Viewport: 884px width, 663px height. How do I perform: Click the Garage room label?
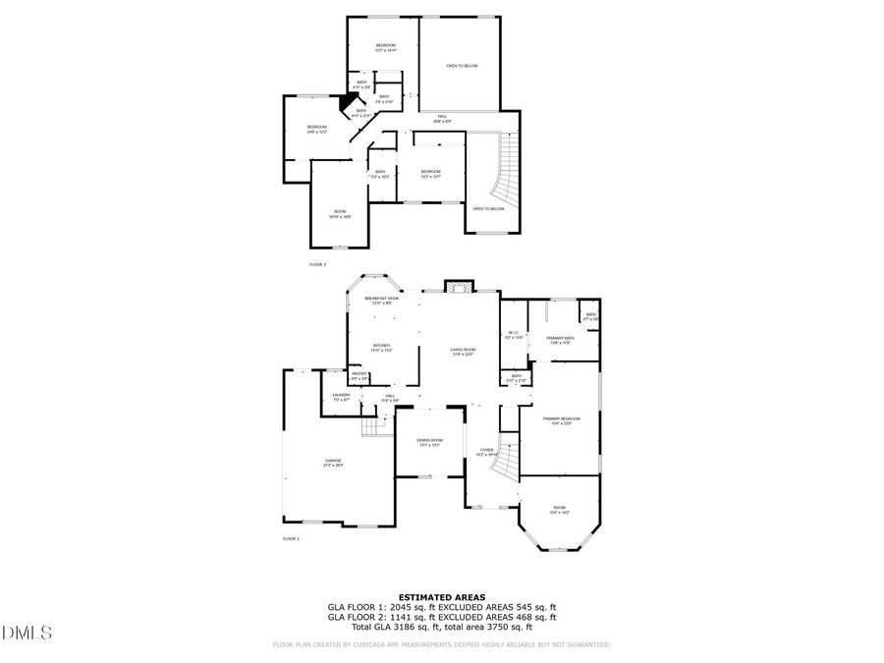pos(334,463)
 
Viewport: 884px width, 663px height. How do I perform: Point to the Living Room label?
pos(463,352)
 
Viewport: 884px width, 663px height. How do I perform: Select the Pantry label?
pos(359,375)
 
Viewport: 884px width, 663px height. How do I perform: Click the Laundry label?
pos(341,397)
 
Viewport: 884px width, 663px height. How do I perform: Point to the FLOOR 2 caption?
pos(317,265)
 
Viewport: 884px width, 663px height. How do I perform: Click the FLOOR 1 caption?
pos(291,539)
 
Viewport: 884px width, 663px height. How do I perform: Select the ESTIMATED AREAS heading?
pos(441,597)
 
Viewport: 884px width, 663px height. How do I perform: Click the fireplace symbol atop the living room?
pos(458,287)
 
